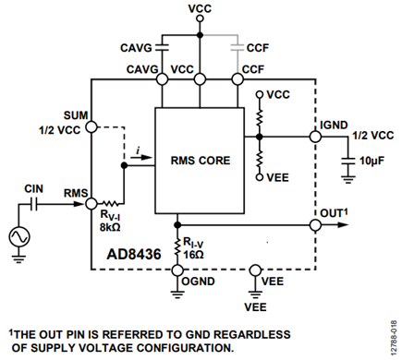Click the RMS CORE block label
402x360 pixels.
point(201,161)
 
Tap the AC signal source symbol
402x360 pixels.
point(19,237)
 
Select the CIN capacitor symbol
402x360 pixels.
point(34,204)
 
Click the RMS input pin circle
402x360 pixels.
point(91,203)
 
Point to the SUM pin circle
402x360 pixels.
point(91,126)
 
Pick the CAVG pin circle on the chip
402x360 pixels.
point(163,79)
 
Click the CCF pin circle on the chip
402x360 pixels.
point(238,79)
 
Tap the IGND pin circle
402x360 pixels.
point(315,137)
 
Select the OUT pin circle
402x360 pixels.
point(315,225)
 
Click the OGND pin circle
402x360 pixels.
point(177,270)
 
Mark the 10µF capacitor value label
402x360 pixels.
point(372,161)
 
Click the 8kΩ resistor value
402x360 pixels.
point(110,227)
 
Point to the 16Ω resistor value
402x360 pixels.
point(193,255)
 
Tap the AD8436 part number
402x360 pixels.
point(134,254)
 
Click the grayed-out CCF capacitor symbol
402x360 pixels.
point(238,48)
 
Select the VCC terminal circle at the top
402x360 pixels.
point(200,18)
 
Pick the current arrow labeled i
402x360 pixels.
point(141,157)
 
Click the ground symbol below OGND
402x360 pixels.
point(177,294)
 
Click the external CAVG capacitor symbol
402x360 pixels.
point(163,48)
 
